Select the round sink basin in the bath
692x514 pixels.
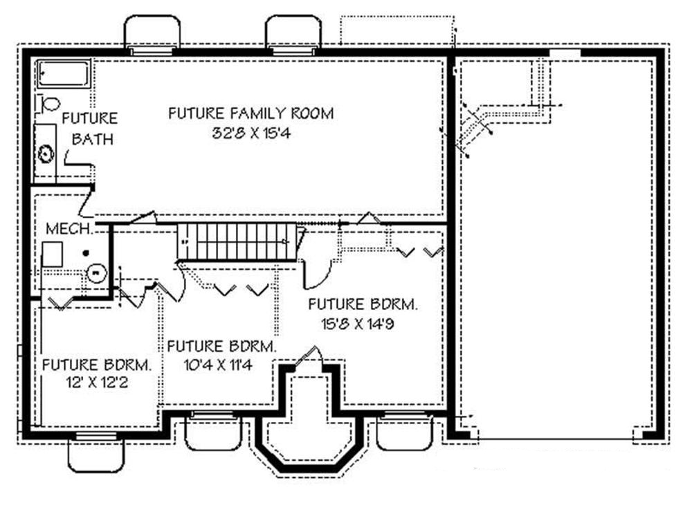[46, 153]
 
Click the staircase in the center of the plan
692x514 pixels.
[237, 241]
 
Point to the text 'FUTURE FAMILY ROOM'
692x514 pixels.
[251, 113]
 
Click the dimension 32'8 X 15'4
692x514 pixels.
[251, 134]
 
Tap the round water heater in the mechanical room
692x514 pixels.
[96, 273]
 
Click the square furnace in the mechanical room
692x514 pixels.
[53, 255]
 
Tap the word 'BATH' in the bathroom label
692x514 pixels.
[93, 140]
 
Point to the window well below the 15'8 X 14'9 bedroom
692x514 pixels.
[404, 433]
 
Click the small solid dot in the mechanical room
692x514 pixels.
[86, 253]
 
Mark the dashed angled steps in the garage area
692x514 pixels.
[477, 128]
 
